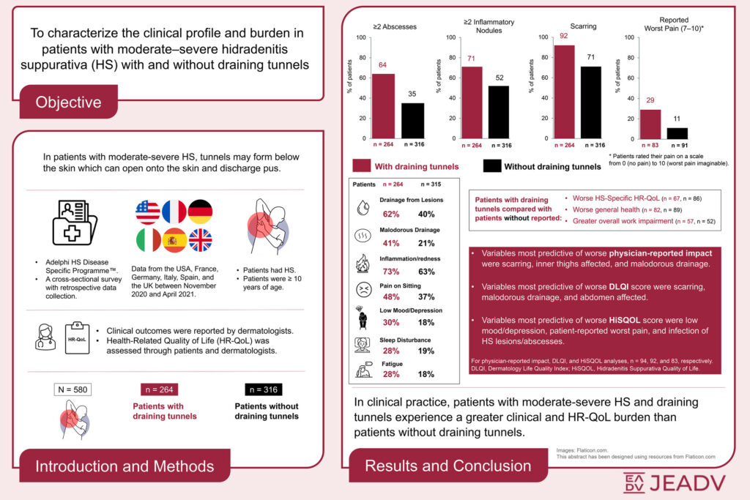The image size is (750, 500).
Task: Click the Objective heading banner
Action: coord(68,102)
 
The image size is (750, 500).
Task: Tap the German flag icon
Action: coord(200,212)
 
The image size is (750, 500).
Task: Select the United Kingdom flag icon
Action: coord(201,240)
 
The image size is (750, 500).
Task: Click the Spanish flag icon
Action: coord(174,240)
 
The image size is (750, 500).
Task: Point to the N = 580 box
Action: coord(73,389)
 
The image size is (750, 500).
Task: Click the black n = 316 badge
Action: coord(264,389)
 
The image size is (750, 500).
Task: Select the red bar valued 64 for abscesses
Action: coord(383,106)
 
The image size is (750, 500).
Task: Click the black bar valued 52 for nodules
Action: coord(498,112)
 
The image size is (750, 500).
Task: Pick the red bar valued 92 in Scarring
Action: coord(564,92)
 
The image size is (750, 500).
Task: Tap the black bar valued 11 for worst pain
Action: coord(677,133)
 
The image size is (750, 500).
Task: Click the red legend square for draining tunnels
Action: coord(361,166)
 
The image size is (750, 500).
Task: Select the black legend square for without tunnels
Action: coord(492,166)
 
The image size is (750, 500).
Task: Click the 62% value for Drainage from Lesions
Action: coord(391,214)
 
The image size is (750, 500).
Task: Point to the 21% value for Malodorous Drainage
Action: coord(426,243)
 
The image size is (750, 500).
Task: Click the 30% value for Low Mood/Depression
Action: coord(391,323)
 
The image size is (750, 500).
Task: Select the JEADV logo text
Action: coord(675,482)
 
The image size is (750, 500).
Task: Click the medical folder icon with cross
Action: coord(74,223)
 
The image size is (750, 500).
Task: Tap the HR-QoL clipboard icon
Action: coord(77,338)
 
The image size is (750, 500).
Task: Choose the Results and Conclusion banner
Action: coord(448,466)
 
